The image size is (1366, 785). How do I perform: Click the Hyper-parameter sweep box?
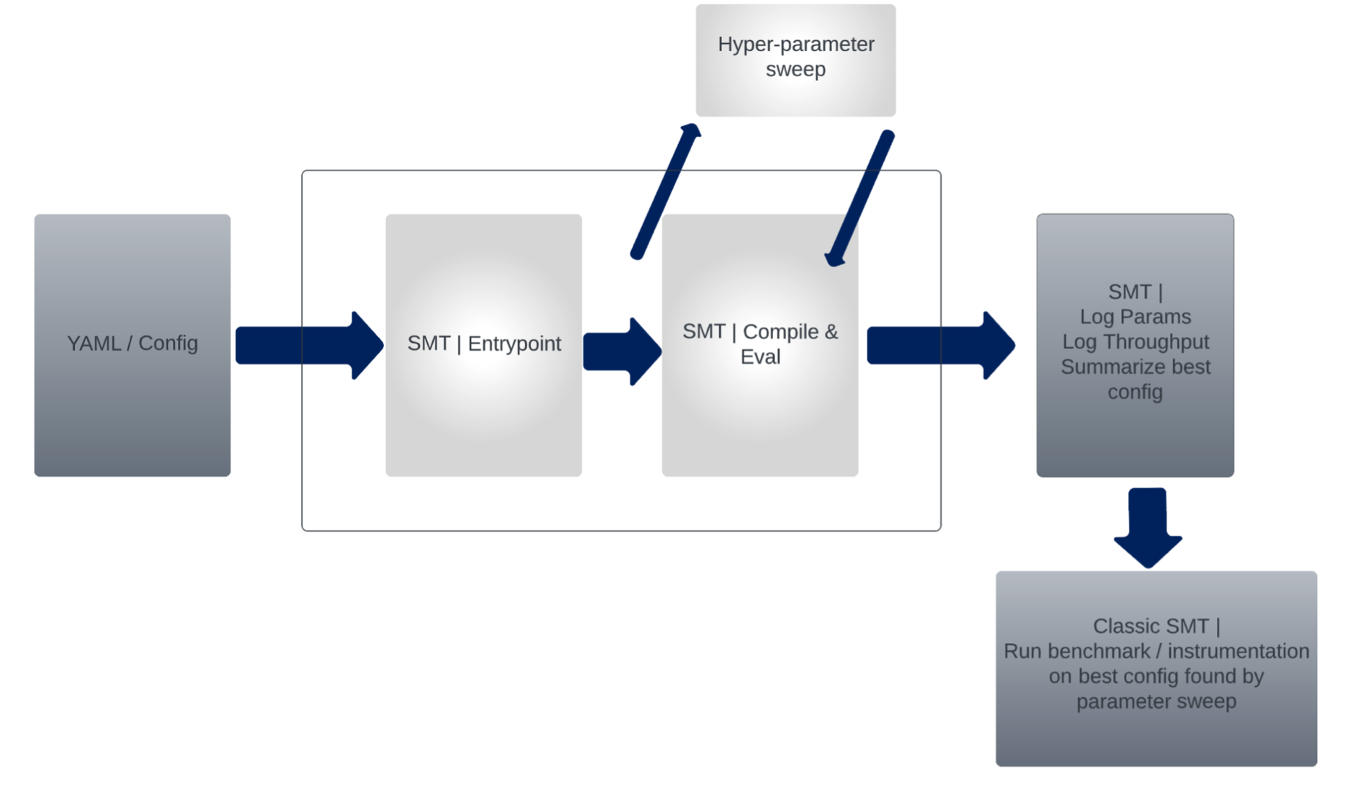pos(795,94)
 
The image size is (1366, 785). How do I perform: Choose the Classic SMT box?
pos(1156,735)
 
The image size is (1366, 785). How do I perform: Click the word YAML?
pos(94,344)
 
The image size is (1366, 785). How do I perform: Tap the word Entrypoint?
pos(514,344)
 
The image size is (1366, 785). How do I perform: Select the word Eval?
pos(760,356)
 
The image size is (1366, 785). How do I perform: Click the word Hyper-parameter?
pos(795,44)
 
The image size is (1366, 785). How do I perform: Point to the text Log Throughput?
pos(1135,341)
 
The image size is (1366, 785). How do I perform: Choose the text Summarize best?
pos(1135,367)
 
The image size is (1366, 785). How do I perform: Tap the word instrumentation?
pos(1236,651)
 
